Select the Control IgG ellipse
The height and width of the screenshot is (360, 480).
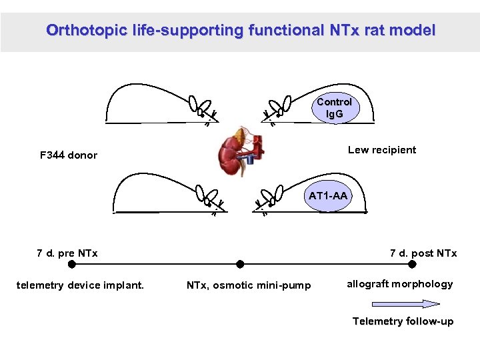(x=334, y=108)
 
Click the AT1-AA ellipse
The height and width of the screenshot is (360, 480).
(x=327, y=196)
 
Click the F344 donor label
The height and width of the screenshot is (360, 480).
(x=69, y=155)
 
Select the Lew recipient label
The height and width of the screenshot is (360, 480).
(x=381, y=150)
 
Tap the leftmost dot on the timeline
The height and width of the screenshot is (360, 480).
(x=72, y=264)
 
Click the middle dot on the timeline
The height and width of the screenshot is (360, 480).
(x=240, y=264)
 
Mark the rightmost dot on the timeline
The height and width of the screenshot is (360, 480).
(x=412, y=264)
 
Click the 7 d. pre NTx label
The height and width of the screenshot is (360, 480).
(x=67, y=253)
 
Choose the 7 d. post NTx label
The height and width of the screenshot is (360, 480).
(x=423, y=253)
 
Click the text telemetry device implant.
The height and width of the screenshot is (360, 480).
(x=80, y=285)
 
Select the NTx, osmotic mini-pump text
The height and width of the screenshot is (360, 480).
(x=249, y=285)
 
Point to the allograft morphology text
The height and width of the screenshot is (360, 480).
(x=399, y=284)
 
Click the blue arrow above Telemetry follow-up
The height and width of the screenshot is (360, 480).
(x=413, y=304)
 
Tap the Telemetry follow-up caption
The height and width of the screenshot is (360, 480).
(x=403, y=321)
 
